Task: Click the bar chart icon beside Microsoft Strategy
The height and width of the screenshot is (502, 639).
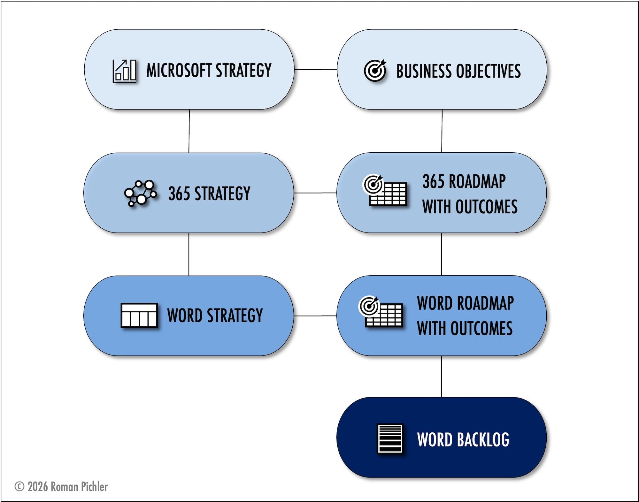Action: click(x=124, y=71)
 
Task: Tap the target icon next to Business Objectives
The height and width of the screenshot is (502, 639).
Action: click(x=375, y=70)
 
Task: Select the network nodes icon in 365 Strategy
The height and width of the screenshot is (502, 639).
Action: click(x=141, y=193)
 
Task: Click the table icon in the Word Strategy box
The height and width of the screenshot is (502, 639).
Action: click(x=139, y=315)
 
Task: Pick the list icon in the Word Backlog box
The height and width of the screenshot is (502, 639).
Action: click(x=390, y=438)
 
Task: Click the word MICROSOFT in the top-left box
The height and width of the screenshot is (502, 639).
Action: click(x=179, y=70)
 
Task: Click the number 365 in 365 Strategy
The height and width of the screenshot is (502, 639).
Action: click(x=179, y=194)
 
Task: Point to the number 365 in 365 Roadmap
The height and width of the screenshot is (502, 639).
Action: click(x=434, y=181)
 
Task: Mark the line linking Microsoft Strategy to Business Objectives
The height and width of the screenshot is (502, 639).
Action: click(x=315, y=69)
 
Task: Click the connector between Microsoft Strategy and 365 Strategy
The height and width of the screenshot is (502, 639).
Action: click(x=189, y=131)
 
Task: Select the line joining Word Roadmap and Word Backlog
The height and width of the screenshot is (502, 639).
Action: click(x=442, y=376)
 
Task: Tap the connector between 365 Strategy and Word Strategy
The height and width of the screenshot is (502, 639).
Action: click(x=189, y=254)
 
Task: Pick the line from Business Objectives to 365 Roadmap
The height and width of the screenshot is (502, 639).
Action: click(x=442, y=131)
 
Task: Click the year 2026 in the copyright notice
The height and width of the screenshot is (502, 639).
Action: click(x=38, y=487)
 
